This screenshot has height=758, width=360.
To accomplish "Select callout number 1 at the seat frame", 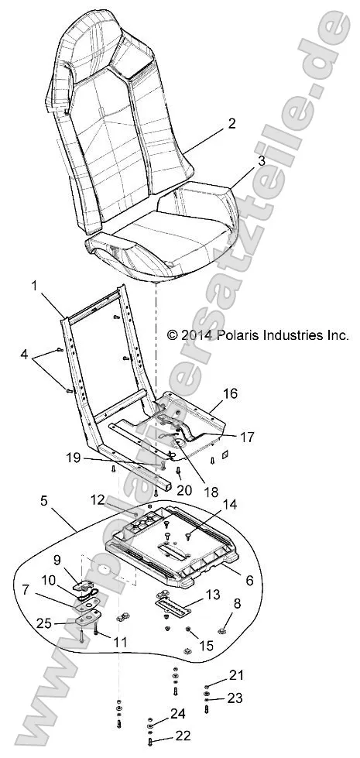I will (x=34, y=286).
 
